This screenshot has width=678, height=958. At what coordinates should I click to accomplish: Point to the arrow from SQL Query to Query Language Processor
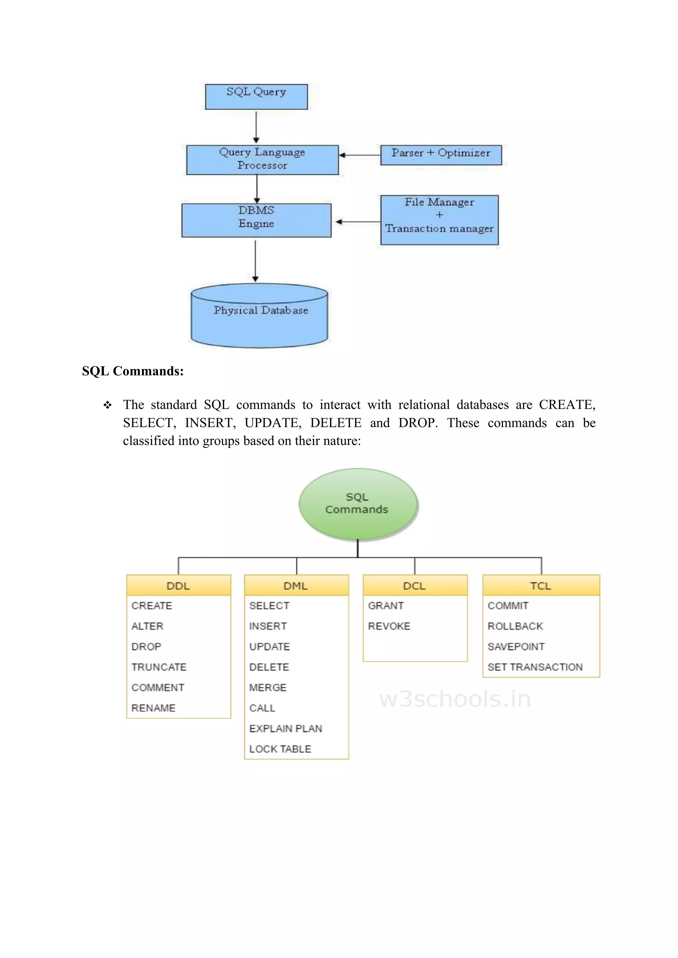(256, 127)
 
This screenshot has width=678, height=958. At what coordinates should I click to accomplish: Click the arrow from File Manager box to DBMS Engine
(358, 222)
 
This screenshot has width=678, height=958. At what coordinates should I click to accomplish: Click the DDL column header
(178, 586)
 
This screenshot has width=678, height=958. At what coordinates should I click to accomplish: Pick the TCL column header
(541, 586)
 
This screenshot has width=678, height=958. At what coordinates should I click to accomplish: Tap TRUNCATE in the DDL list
(159, 667)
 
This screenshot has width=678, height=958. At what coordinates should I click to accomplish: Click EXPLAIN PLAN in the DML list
(286, 728)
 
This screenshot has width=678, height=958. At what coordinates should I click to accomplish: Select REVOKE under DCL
(389, 626)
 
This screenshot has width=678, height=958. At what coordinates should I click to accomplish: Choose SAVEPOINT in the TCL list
(516, 646)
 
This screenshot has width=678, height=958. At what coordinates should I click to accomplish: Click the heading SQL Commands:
(133, 371)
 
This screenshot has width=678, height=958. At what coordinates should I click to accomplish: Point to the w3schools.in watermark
(455, 699)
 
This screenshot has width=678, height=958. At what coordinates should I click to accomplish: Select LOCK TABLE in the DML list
(280, 749)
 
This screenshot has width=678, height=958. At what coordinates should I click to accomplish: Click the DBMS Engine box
(256, 220)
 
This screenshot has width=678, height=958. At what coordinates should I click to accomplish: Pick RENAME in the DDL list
(153, 708)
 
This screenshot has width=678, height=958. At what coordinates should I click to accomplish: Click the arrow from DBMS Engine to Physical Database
(255, 261)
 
